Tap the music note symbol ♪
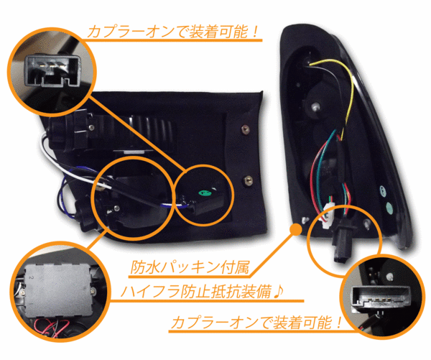[x=278, y=292]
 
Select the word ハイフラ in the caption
[x=150, y=292]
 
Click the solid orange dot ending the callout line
[x=296, y=229]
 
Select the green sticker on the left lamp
[x=205, y=193]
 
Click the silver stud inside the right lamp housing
[x=315, y=106]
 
